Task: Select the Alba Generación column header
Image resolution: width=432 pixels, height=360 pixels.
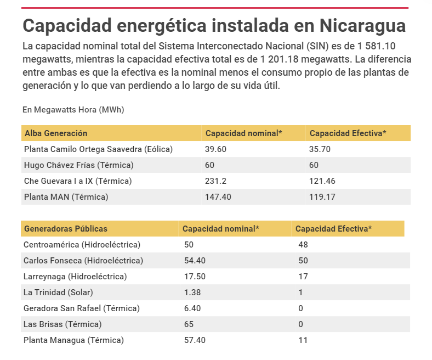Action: click(56, 133)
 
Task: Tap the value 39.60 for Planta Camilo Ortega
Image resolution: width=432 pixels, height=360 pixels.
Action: click(216, 149)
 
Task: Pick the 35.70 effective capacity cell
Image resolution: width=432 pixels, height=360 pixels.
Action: click(320, 149)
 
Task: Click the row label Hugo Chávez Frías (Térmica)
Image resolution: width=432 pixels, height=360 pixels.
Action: click(79, 165)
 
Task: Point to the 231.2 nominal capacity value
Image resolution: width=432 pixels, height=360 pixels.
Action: click(216, 181)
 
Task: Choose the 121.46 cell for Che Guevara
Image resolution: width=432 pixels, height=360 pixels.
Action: click(322, 181)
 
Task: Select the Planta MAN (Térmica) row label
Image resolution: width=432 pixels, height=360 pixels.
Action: click(66, 197)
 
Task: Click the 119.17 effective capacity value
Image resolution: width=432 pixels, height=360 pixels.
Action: click(322, 197)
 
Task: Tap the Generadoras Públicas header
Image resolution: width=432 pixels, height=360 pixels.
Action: click(66, 229)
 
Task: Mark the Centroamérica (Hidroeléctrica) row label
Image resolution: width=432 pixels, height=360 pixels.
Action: click(82, 245)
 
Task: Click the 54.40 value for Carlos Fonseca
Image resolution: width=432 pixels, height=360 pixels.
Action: click(195, 261)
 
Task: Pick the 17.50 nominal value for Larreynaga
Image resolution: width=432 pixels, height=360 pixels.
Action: click(195, 277)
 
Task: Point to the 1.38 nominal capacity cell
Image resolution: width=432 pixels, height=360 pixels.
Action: click(193, 292)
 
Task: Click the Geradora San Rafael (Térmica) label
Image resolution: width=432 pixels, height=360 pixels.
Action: click(82, 308)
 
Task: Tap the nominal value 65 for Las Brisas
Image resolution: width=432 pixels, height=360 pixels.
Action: click(189, 324)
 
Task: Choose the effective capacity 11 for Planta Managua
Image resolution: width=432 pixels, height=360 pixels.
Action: click(303, 340)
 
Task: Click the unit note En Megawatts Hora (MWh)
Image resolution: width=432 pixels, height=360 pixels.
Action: click(73, 110)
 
